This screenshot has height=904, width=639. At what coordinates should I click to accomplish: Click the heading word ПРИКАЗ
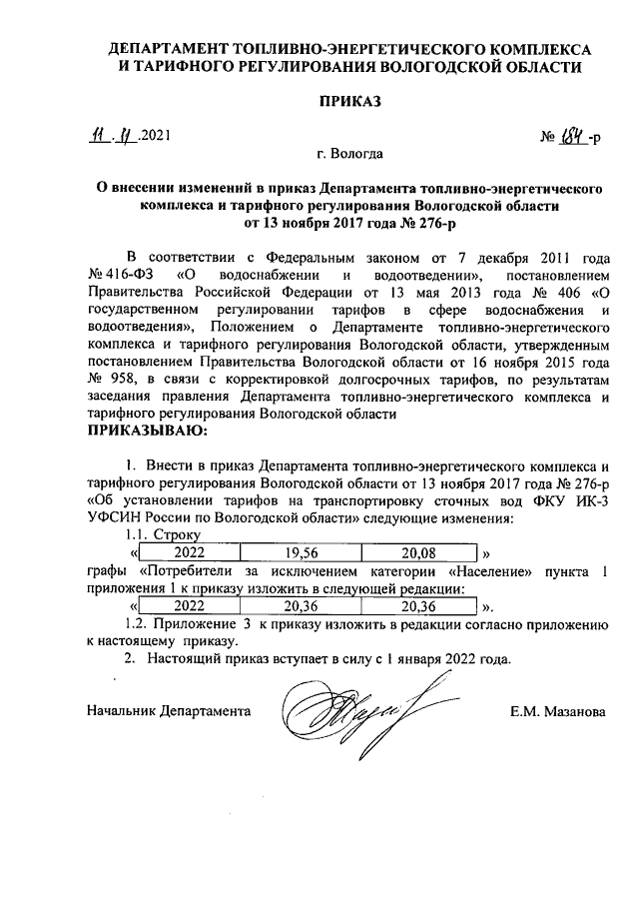point(348,102)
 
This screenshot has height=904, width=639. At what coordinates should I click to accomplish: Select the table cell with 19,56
point(301,551)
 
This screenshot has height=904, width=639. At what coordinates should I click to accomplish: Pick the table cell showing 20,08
point(418,551)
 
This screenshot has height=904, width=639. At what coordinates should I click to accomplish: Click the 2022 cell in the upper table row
point(190,551)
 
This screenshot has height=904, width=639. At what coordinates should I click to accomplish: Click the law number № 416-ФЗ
point(121,274)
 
